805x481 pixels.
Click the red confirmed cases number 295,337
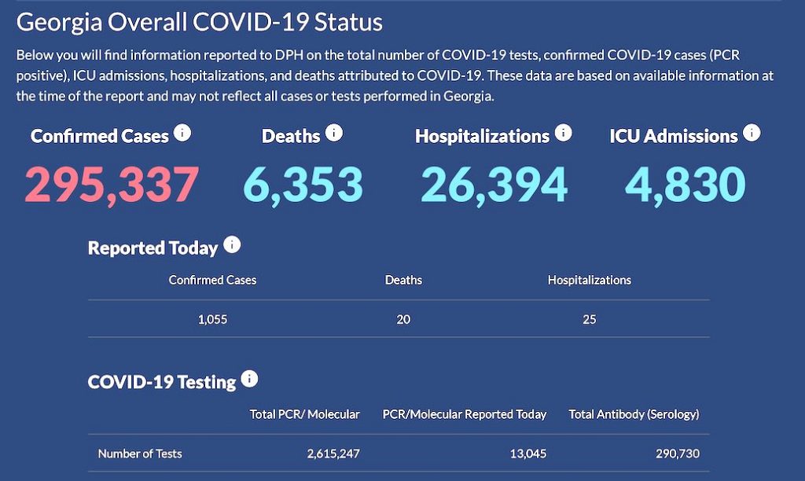111,184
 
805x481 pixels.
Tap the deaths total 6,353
303,184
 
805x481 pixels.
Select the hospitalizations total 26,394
494,184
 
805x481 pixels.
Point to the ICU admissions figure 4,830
685,184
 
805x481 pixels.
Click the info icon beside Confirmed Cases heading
182,133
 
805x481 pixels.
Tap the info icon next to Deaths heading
334,133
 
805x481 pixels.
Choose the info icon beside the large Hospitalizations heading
563,133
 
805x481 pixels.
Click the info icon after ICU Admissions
752,133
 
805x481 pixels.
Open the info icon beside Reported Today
232,245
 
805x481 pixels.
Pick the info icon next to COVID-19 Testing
250,380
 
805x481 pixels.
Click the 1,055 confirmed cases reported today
213,320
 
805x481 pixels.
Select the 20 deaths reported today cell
403,320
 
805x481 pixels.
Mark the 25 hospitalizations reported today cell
590,320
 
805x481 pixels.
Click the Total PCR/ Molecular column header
304,414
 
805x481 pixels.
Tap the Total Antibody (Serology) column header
634,414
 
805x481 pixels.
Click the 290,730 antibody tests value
677,453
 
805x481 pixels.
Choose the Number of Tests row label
140,453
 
